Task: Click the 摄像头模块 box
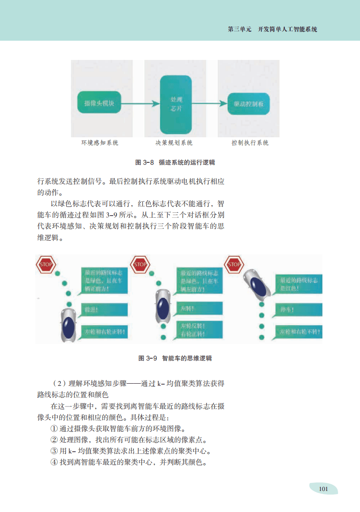pyautogui.click(x=99, y=103)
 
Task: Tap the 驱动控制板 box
pyautogui.click(x=248, y=104)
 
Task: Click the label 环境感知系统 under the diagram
pyautogui.click(x=100, y=143)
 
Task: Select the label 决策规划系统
pyautogui.click(x=174, y=143)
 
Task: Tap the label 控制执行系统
pyautogui.click(x=250, y=143)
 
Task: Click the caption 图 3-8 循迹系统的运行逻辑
pyautogui.click(x=172, y=162)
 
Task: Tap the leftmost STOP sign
pyautogui.click(x=45, y=264)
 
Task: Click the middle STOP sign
pyautogui.click(x=140, y=264)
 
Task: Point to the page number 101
pyautogui.click(x=323, y=488)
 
